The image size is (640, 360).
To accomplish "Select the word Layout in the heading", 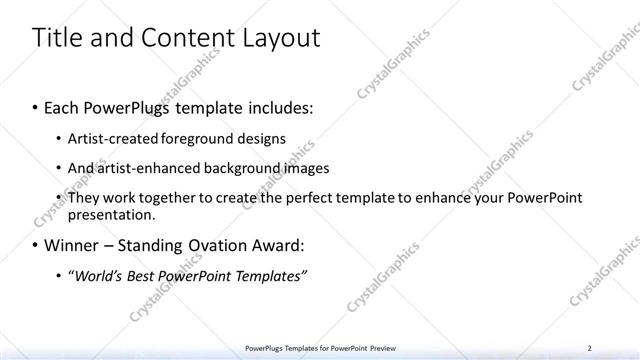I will pos(280,38).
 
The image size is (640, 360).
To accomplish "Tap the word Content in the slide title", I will pos(179,38).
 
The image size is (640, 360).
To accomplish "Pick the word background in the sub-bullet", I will pos(234,168).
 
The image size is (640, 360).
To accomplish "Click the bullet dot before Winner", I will pos(36,245).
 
